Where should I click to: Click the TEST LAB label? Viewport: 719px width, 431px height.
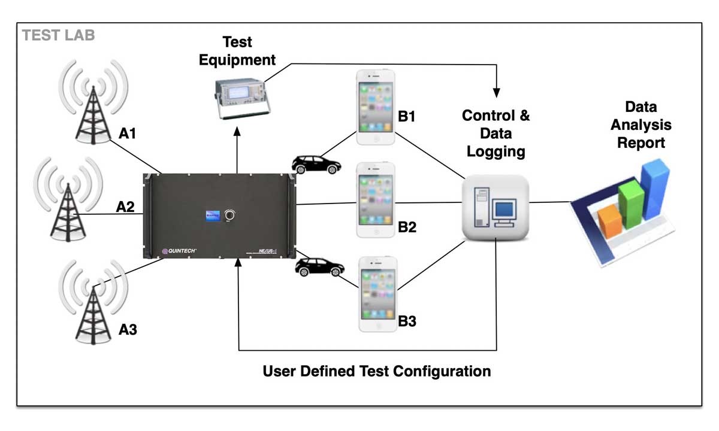(x=58, y=35)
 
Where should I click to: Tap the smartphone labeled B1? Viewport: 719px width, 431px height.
(x=376, y=107)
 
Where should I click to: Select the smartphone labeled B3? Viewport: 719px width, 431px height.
(x=377, y=293)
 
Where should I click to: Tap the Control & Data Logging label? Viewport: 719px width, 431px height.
(x=496, y=133)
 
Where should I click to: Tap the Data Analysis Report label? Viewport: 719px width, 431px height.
(x=641, y=125)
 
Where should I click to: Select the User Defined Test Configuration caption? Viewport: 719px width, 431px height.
(x=377, y=371)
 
